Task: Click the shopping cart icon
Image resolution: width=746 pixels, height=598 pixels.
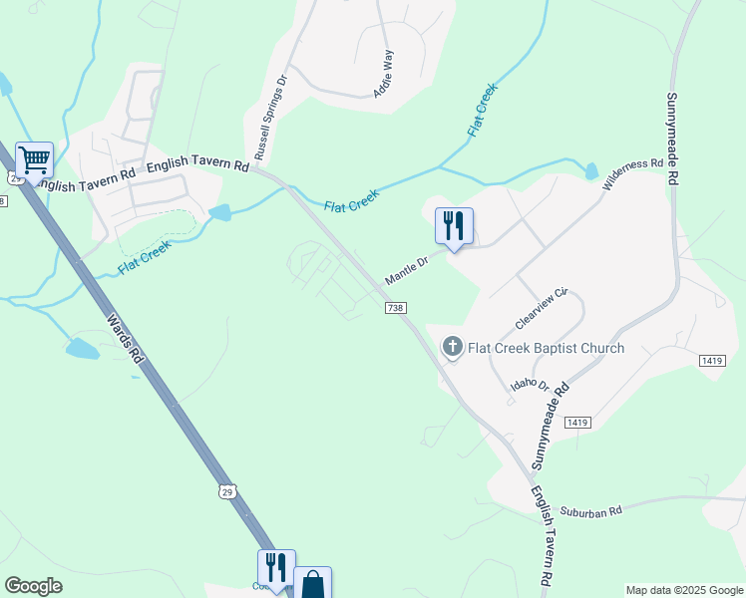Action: [34, 159]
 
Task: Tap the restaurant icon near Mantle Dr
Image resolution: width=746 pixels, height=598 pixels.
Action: [454, 227]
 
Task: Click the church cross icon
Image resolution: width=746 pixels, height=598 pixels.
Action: [452, 347]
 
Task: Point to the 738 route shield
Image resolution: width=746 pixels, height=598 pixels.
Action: [396, 309]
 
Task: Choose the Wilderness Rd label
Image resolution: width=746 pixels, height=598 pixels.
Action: [632, 176]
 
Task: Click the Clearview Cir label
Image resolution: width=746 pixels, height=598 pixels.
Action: [541, 310]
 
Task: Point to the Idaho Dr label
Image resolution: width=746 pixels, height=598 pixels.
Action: [531, 384]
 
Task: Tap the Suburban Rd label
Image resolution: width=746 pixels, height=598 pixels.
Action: [590, 510]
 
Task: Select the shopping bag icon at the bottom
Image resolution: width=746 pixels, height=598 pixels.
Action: [312, 584]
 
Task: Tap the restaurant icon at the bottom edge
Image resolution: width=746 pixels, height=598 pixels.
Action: [276, 569]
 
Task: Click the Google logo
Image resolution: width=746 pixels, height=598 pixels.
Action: [33, 586]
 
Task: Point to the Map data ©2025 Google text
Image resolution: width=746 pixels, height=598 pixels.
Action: [683, 590]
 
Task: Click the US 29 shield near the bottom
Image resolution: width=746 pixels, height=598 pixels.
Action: [227, 492]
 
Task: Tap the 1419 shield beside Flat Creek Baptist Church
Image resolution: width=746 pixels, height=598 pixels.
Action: [712, 360]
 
